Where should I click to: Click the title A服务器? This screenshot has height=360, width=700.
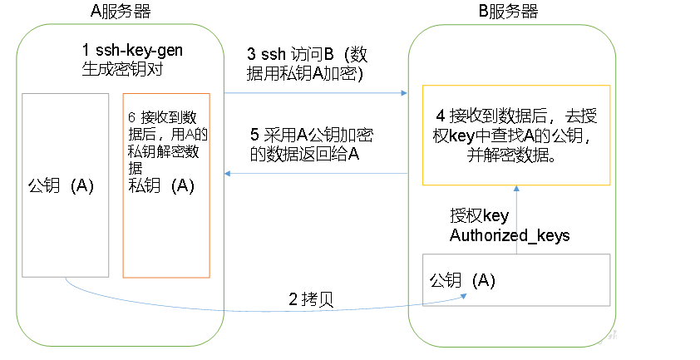pyautogui.click(x=121, y=12)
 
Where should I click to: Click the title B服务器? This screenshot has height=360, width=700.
pyautogui.click(x=509, y=12)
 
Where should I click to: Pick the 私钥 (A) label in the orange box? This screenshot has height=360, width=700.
pyautogui.click(x=160, y=185)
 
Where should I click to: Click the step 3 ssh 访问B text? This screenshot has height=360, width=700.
pyautogui.click(x=308, y=63)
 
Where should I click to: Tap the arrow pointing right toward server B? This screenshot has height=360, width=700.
pyautogui.click(x=316, y=94)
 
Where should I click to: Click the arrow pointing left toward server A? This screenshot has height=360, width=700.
pyautogui.click(x=316, y=174)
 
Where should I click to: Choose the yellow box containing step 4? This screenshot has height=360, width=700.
pyautogui.click(x=516, y=134)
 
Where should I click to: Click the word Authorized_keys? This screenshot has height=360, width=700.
pyautogui.click(x=510, y=235)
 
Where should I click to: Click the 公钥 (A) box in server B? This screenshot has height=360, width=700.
pyautogui.click(x=516, y=279)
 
